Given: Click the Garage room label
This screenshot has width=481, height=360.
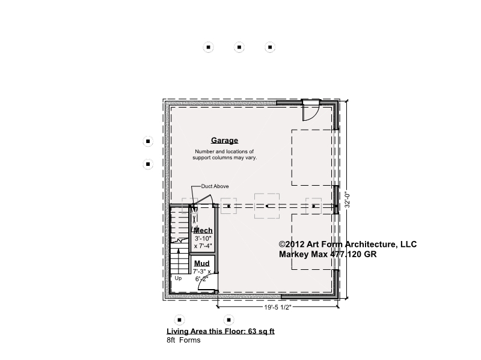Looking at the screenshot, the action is click(x=224, y=141).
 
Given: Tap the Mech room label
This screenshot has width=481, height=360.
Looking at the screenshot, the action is click(x=203, y=230).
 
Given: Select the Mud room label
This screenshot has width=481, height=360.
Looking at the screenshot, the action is click(x=202, y=263).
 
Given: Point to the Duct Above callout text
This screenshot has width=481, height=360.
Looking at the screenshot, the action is click(x=215, y=186).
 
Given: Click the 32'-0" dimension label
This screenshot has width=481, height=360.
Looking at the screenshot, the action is click(x=348, y=200).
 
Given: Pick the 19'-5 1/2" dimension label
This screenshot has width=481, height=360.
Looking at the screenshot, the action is click(x=277, y=307).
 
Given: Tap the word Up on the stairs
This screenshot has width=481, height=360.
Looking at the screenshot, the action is click(x=178, y=278).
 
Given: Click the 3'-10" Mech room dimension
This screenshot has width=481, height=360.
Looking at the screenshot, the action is click(x=203, y=239).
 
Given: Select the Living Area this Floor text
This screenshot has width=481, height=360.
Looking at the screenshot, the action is click(x=221, y=331).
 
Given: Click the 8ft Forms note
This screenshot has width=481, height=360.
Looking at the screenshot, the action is click(x=183, y=340).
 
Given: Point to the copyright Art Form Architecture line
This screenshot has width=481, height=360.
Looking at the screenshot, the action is click(x=348, y=244).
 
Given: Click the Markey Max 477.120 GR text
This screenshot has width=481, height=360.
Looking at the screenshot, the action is click(x=328, y=254).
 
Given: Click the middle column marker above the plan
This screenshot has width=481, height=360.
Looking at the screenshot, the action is click(x=239, y=47).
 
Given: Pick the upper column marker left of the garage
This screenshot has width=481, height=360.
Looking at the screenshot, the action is click(x=148, y=141).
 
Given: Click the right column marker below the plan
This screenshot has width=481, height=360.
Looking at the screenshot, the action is click(x=228, y=320).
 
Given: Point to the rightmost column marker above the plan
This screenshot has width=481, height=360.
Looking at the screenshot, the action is click(x=270, y=47).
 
